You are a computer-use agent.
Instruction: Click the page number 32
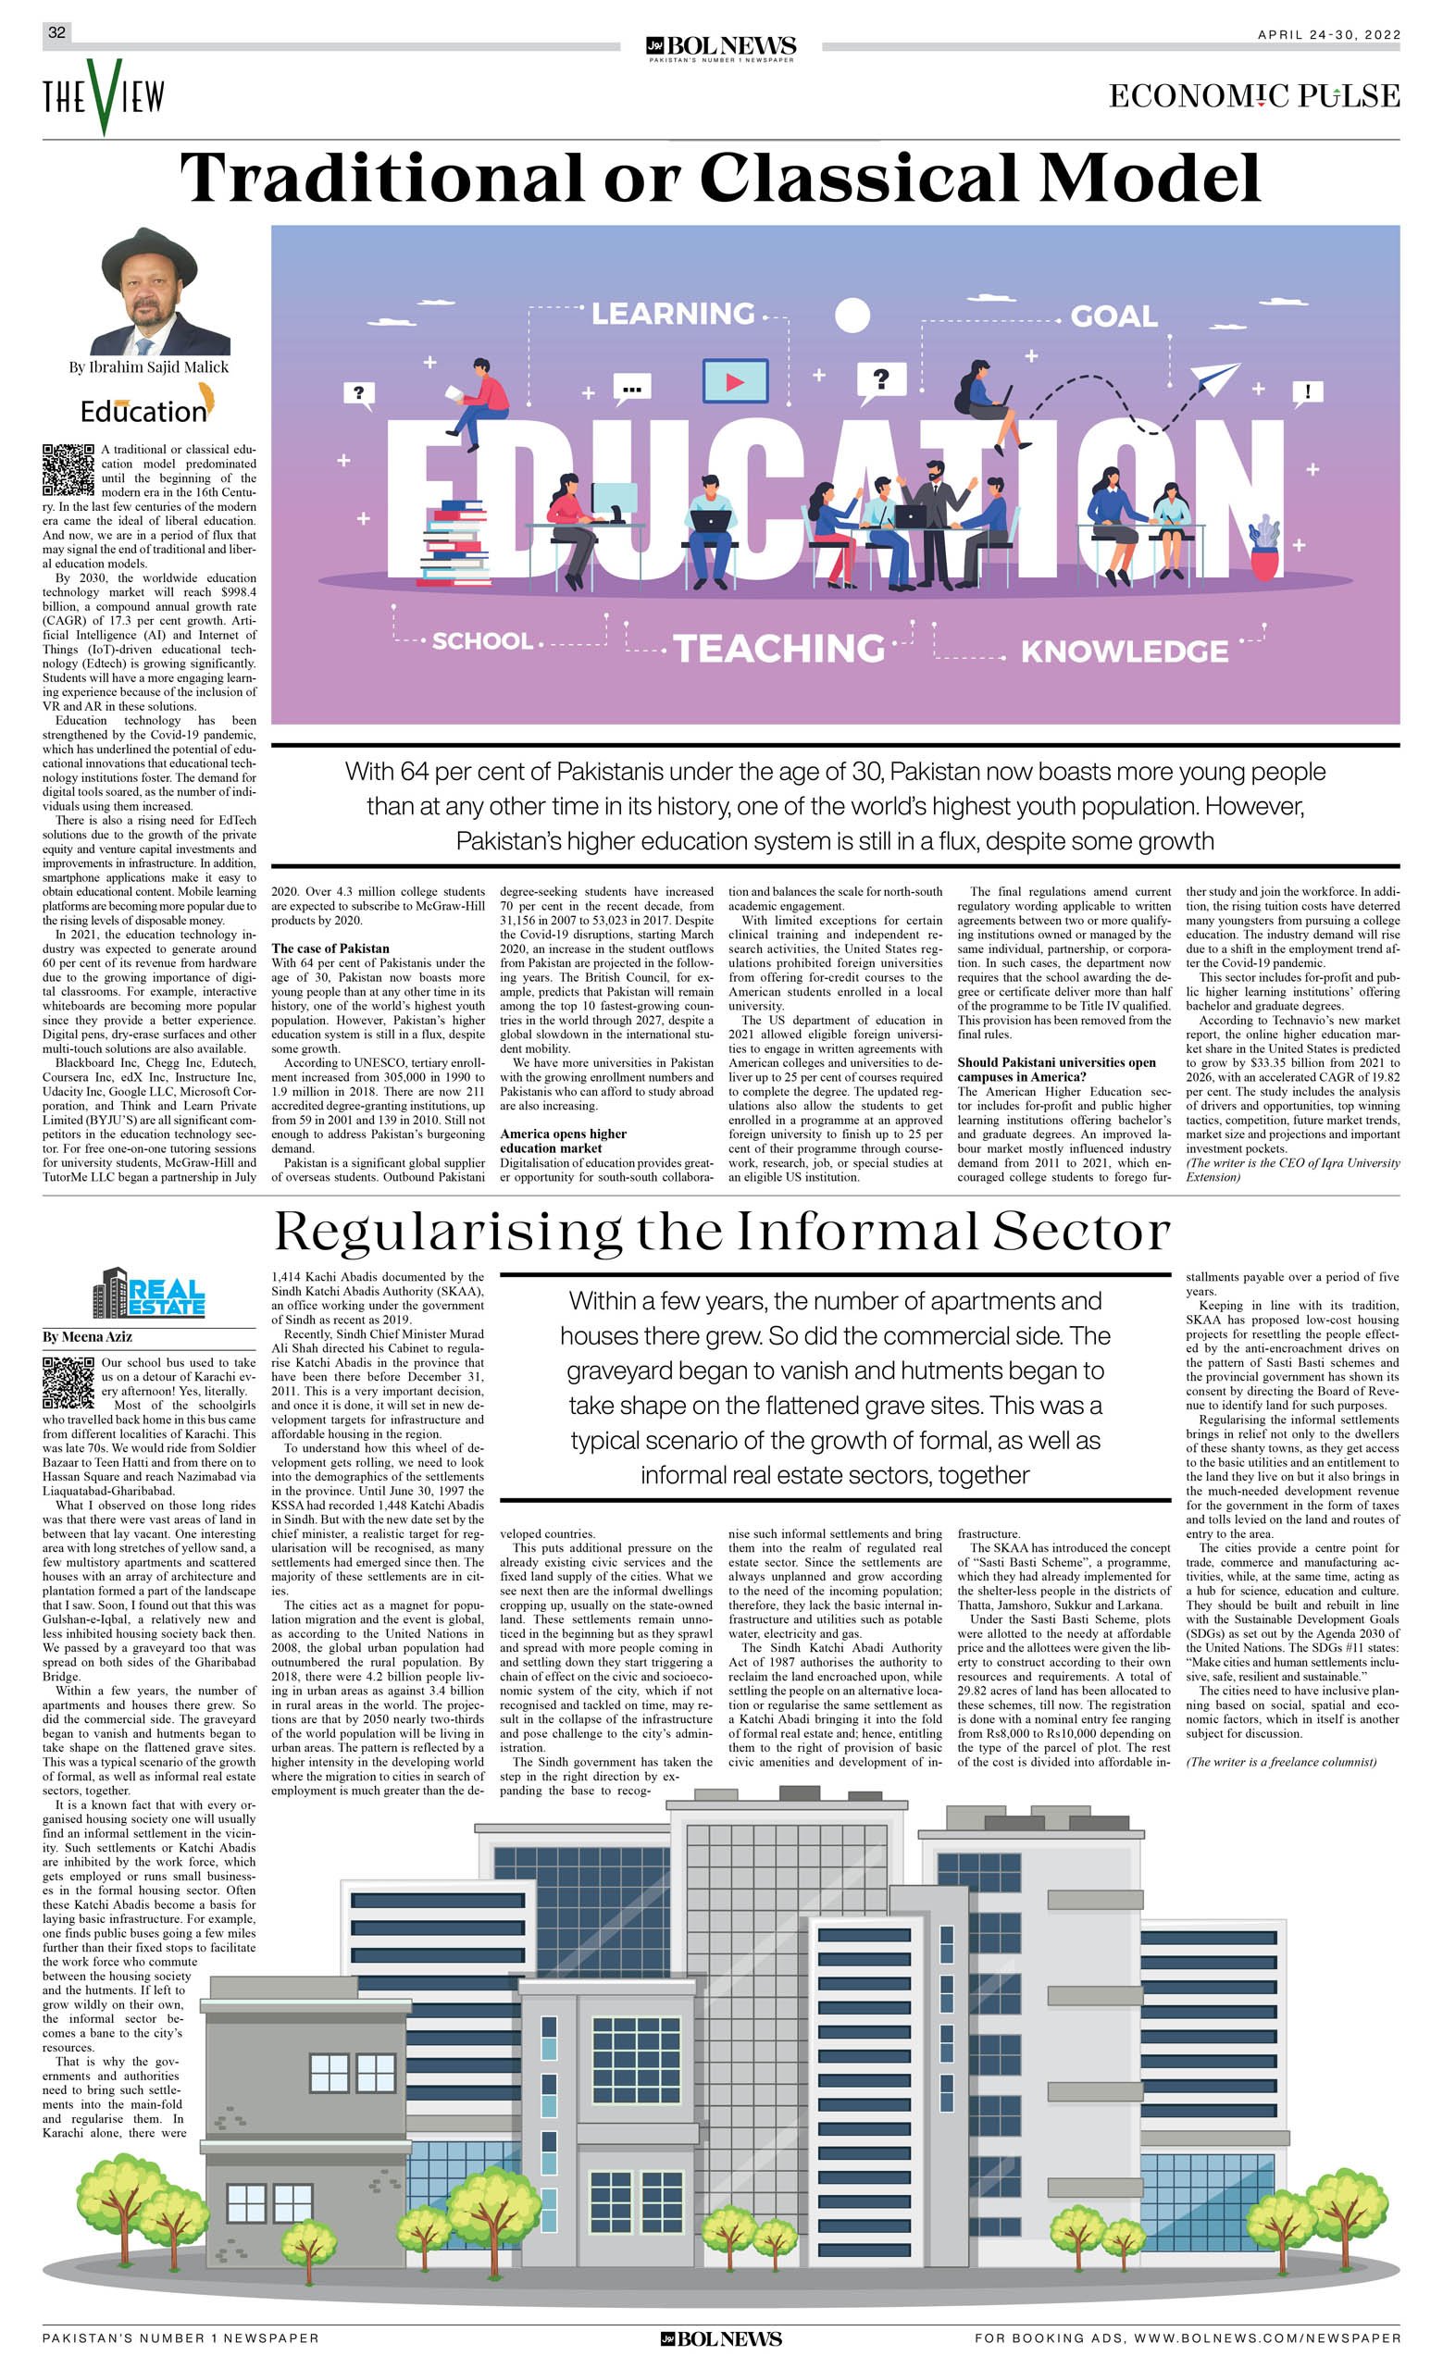tap(56, 32)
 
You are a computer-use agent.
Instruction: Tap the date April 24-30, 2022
tap(1327, 34)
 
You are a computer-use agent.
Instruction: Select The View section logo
tap(103, 95)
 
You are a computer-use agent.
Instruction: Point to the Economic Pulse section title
tap(1253, 96)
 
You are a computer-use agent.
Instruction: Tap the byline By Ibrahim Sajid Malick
tap(148, 367)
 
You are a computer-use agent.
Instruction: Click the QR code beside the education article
tap(69, 470)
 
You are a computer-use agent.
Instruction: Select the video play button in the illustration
tap(735, 381)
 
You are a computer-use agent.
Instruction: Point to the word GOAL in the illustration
tap(1113, 316)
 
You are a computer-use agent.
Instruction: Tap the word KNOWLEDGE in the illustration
tap(1124, 651)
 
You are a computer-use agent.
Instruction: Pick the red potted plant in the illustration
tap(1265, 548)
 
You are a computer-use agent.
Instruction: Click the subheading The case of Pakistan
tap(330, 948)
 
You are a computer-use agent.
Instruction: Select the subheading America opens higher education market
tap(563, 1141)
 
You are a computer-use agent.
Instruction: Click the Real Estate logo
tap(149, 1294)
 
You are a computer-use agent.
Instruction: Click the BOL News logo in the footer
tap(721, 2339)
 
